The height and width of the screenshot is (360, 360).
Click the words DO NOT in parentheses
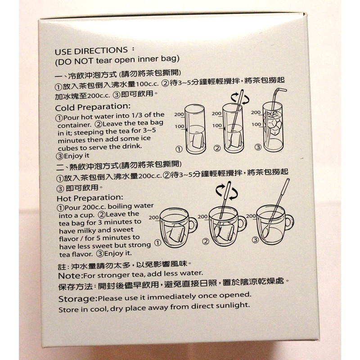[72, 58]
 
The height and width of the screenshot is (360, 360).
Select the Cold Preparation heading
[92, 107]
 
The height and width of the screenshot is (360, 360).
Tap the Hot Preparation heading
[90, 198]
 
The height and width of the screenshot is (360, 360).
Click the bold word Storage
[77, 298]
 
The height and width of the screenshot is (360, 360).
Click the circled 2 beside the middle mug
[206, 241]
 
